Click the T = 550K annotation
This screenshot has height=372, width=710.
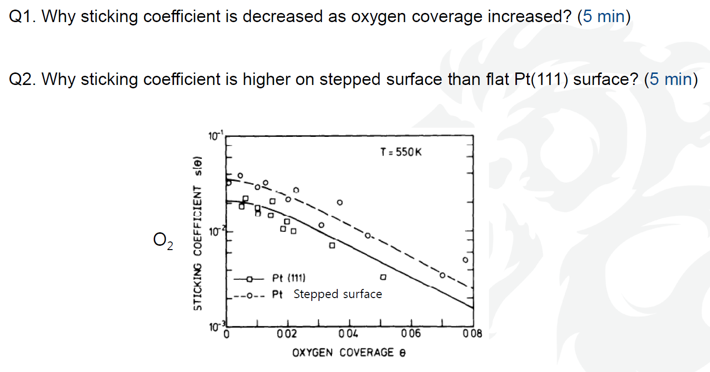(401, 153)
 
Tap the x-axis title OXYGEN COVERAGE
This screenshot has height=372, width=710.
(349, 353)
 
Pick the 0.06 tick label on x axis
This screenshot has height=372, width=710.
(411, 334)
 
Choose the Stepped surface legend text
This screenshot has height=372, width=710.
(337, 294)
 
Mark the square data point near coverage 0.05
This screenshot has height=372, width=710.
(383, 277)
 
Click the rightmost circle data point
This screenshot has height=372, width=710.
(465, 260)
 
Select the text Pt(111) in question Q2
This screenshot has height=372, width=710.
(539, 79)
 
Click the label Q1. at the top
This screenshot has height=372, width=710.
(22, 17)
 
